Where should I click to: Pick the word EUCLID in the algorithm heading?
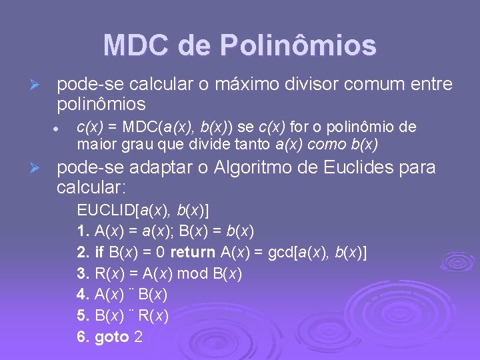click(105, 211)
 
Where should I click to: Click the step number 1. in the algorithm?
click(83, 232)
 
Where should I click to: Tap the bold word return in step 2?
click(192, 253)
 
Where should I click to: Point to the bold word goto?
click(112, 337)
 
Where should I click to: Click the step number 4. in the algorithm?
click(83, 295)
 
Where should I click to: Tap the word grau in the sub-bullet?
click(127, 143)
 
